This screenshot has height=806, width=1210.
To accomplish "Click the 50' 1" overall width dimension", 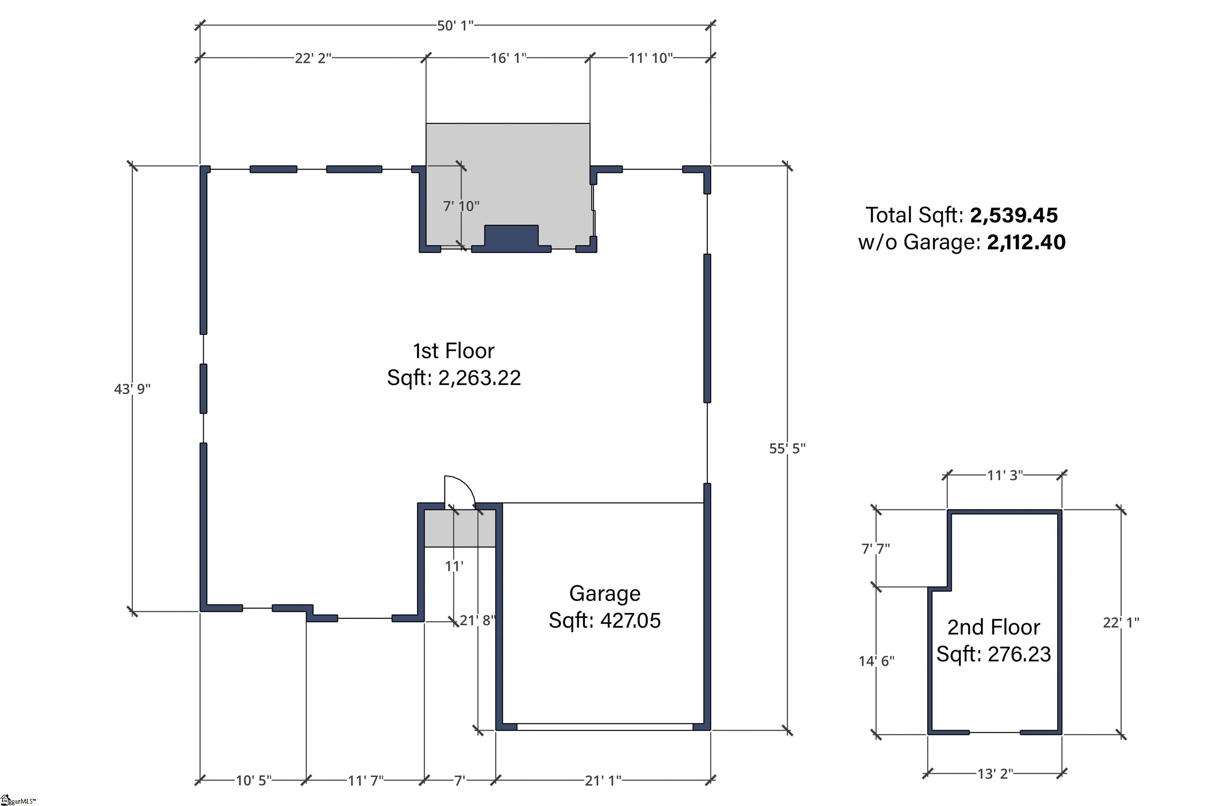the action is pos(455,26).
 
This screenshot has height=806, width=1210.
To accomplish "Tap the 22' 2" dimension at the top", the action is pos(313,58).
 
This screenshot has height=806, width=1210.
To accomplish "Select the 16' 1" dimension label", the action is pos(508,58).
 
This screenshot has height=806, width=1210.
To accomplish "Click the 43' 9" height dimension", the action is pos(132,389).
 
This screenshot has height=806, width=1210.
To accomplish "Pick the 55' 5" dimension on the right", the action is pos(787,449).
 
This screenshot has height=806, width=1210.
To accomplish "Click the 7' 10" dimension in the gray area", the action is pos(461,206).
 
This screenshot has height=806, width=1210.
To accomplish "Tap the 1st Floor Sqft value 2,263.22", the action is pos(479,378).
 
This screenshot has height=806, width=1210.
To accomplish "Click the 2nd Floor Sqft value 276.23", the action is pos(1019,654).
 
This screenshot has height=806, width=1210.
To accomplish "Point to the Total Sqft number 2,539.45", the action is pos(1013,215).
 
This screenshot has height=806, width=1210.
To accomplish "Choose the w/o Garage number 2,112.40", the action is pos(1026,242).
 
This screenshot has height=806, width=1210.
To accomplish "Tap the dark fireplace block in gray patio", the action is pos(512,239).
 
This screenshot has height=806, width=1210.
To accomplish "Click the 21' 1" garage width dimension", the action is pos(603,781).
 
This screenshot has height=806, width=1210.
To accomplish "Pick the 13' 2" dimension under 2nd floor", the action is pos(995,774).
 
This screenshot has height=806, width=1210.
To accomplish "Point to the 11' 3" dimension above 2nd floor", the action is pos(1005,475).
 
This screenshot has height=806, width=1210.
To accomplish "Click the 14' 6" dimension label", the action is pos(876,661).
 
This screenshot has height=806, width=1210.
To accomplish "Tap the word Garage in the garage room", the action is pos(605,594).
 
